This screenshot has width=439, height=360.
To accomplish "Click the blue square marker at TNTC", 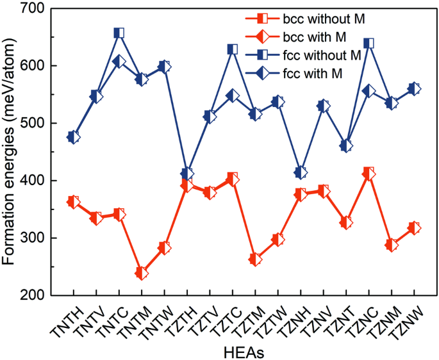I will (119, 33).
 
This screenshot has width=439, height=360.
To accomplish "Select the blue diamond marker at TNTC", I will (119, 61).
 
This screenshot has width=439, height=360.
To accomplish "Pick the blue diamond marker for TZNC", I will (369, 91).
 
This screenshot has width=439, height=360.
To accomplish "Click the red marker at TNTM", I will (142, 273).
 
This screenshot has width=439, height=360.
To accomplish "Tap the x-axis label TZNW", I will (406, 318).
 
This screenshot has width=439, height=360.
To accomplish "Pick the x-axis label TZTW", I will (270, 318).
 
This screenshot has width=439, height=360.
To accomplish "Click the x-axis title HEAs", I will (244, 350).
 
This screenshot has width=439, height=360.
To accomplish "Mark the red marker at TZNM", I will (392, 245).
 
